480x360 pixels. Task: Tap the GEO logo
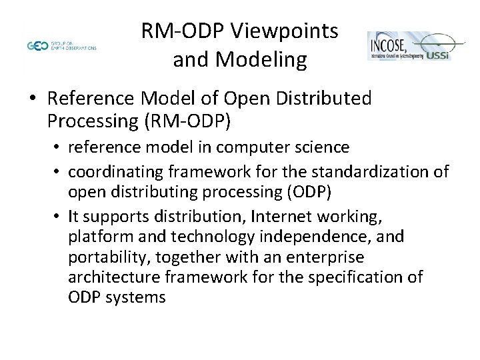[37, 46]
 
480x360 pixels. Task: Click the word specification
[353, 277]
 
